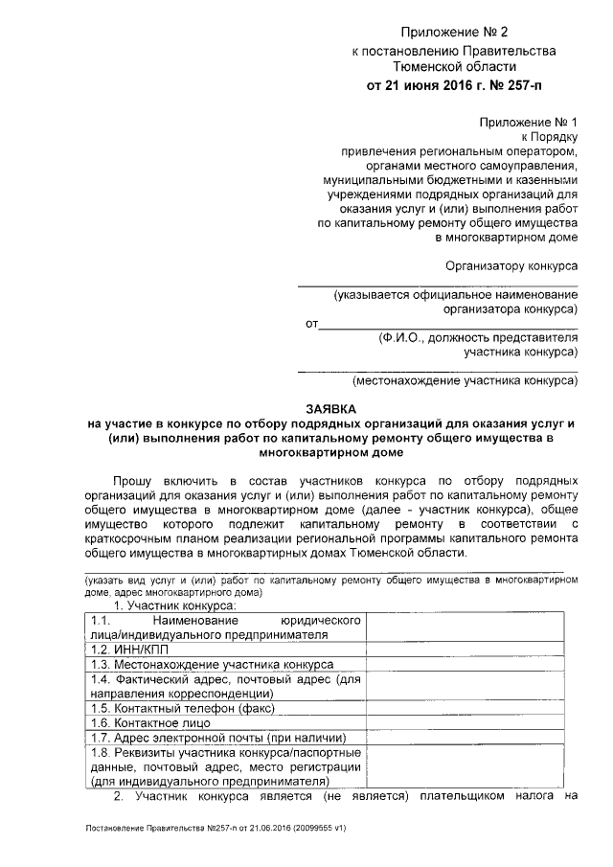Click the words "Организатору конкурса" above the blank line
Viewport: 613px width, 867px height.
pos(512,265)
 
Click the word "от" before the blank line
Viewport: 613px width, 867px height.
pos(310,324)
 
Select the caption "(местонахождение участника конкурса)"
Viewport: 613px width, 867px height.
pos(465,381)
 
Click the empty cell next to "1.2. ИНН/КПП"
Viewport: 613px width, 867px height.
pos(472,649)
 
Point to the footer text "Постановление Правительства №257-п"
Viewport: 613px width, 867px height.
pos(169,827)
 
